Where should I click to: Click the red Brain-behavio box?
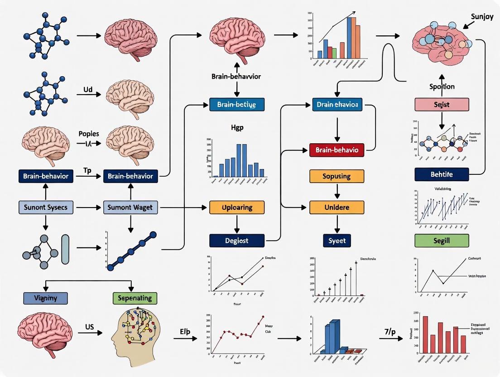point(337,150)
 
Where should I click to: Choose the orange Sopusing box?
point(337,176)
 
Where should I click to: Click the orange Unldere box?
point(337,208)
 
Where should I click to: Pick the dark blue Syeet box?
point(337,240)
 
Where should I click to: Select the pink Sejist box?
point(442,105)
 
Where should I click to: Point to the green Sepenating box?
point(135,298)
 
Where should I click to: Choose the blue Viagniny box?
point(45,298)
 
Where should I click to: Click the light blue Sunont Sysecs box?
point(45,208)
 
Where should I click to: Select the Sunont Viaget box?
point(131,208)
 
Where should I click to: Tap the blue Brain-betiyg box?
point(237,105)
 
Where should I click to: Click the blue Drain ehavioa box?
point(338,105)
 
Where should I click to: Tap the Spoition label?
point(442,86)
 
